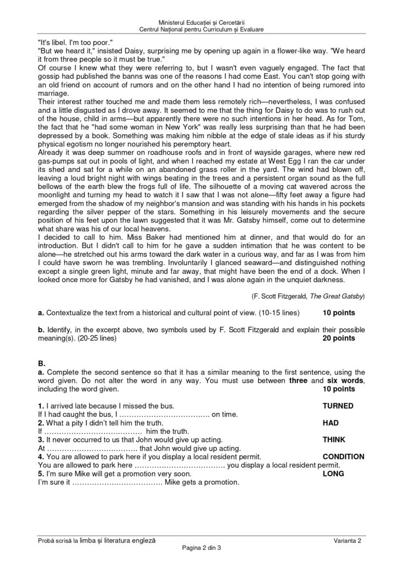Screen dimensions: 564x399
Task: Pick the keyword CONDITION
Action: [x=343, y=457]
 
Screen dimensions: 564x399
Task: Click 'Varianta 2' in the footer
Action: [x=347, y=540]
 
